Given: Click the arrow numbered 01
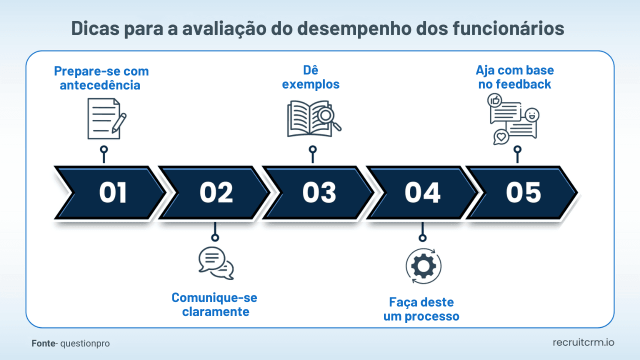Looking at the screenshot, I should (x=112, y=192).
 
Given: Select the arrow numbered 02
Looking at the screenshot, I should (x=216, y=192).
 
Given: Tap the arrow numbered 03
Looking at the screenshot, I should (x=319, y=192).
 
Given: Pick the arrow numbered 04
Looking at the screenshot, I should (x=422, y=192).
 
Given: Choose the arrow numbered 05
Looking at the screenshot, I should (x=523, y=192).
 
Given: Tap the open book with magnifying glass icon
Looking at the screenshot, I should (x=313, y=119).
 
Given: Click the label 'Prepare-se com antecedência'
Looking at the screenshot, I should (x=101, y=78).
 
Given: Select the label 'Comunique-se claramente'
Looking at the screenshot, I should (x=215, y=304).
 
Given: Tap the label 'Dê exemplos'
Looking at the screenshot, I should (x=310, y=77).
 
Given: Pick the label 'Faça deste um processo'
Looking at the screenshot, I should (x=421, y=309).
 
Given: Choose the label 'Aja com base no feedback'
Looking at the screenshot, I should (x=514, y=77).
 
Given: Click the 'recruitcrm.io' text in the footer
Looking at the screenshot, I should (x=583, y=342).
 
